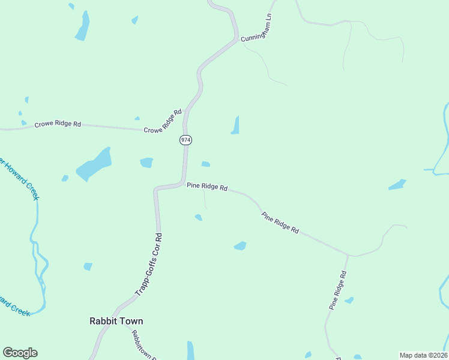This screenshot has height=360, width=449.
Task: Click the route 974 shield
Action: pyautogui.click(x=185, y=140)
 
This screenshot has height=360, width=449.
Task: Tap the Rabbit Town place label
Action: pyautogui.click(x=116, y=321)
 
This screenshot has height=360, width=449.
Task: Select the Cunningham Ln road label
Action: pyautogui.click(x=257, y=28)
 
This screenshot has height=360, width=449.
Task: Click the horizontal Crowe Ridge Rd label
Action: pyautogui.click(x=58, y=124)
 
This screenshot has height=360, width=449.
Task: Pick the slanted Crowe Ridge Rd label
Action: pyautogui.click(x=163, y=121)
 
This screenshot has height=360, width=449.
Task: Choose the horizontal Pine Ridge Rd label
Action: pyautogui.click(x=206, y=187)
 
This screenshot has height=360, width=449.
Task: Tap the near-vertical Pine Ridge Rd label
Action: pyautogui.click(x=337, y=290)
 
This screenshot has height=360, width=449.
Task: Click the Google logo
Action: pyautogui.click(x=20, y=353)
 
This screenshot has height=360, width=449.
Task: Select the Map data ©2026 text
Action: pyautogui.click(x=423, y=355)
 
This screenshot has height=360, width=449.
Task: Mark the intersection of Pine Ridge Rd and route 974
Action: pyautogui.click(x=183, y=182)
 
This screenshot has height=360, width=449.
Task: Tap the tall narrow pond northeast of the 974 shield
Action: pyautogui.click(x=235, y=125)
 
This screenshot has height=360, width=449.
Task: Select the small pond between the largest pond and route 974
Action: pyautogui.click(x=146, y=163)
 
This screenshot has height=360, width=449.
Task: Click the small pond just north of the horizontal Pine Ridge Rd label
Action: pyautogui.click(x=206, y=164)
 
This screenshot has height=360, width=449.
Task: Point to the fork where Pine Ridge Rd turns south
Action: pyautogui.click(x=348, y=255)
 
